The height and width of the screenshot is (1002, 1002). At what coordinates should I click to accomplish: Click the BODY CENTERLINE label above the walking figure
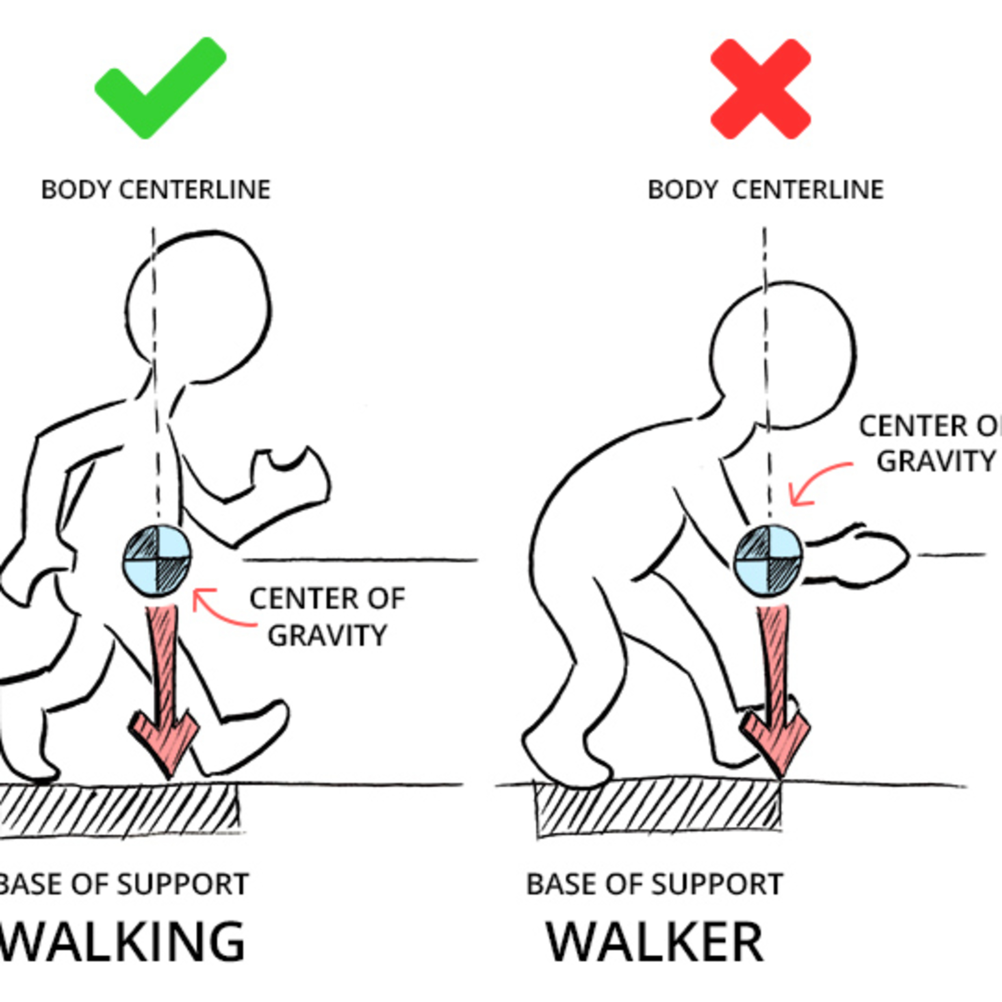[x=156, y=190]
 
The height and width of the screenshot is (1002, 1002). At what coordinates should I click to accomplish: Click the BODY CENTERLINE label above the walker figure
[x=766, y=190]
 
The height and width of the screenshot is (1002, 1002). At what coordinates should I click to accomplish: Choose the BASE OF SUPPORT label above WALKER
[x=655, y=884]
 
